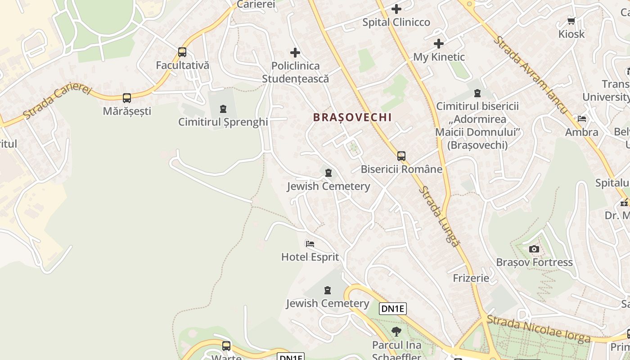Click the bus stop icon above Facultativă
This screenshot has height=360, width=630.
[x=182, y=52]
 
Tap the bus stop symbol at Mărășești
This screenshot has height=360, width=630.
[x=127, y=98]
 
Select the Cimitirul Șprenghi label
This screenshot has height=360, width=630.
[x=223, y=122]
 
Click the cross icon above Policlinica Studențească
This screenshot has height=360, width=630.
[x=295, y=53]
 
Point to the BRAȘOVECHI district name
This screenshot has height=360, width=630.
[x=352, y=117]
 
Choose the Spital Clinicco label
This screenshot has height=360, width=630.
[x=396, y=22]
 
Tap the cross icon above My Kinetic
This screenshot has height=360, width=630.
[x=439, y=44]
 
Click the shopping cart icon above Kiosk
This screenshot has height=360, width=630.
[x=571, y=21]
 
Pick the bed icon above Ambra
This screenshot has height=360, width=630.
[x=582, y=119]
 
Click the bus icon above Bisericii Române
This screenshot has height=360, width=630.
[x=401, y=156]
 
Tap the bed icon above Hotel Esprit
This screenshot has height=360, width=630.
[x=310, y=244]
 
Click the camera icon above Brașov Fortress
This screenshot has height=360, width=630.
[x=534, y=249]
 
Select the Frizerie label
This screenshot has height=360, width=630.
[x=471, y=278]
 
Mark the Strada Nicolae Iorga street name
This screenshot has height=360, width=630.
[x=539, y=329]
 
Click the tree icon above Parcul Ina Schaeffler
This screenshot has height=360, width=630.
[x=396, y=332]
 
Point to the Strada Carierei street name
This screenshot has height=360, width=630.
[x=57, y=102]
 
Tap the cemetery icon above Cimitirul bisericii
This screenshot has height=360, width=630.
[x=477, y=94]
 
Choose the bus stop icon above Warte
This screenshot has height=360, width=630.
[x=226, y=346]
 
